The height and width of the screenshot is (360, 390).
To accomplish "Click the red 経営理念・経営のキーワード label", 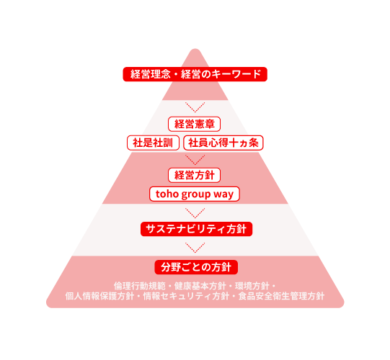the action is click(195, 74).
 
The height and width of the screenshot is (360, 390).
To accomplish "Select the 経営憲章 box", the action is click(194, 124).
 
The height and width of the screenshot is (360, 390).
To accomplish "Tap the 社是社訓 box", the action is click(153, 143).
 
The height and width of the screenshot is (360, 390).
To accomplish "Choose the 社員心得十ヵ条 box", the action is click(223, 143).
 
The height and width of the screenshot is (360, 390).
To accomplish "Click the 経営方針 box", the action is click(194, 175).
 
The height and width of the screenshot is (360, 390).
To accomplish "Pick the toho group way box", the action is click(195, 194).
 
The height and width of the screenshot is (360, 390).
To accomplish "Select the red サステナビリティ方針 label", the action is click(197, 229).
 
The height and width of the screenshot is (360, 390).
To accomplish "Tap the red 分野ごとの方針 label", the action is click(196, 267).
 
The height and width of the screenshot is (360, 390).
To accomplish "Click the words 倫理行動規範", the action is click(140, 286).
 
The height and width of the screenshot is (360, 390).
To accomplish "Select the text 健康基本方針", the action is click(200, 286).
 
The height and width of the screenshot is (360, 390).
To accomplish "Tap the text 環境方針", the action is click(252, 286).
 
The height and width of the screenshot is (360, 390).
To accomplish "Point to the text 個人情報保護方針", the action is click(99, 296).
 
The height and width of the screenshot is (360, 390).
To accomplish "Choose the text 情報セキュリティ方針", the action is click(186, 296).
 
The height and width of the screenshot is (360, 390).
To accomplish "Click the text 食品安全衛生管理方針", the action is click(281, 296).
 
